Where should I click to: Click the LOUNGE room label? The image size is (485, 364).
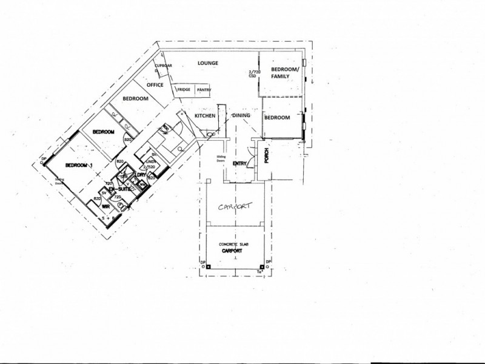click(207, 63)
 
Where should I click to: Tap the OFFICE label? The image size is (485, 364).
click(155, 85)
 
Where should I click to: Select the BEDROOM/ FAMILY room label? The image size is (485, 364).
click(285, 74)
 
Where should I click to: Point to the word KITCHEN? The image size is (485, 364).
click(205, 115)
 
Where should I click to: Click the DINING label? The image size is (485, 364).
click(241, 115)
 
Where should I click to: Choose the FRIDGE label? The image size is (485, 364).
click(184, 90)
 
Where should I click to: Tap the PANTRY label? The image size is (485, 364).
click(204, 90)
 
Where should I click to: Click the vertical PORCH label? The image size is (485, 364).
click(266, 156)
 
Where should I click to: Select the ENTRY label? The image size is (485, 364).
click(239, 163)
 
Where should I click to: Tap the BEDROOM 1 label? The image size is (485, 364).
click(79, 165)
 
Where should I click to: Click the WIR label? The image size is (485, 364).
click(105, 206)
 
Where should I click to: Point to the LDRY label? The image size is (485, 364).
click(141, 175)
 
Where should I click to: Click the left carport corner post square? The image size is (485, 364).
click(207, 267)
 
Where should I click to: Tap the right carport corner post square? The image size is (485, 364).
click(261, 267)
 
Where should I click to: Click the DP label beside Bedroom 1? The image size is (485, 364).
click(42, 161)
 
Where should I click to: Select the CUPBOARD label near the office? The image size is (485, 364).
click(164, 65)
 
